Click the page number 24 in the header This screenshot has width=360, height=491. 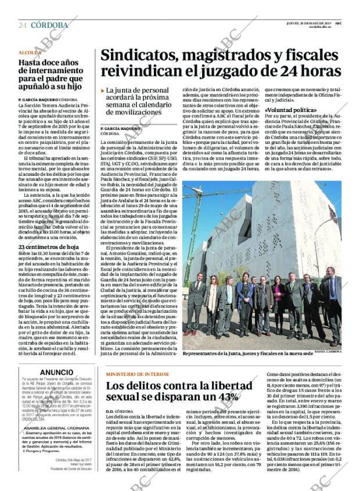[x=22, y=25]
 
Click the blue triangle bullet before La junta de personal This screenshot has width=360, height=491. [x=102, y=91]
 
